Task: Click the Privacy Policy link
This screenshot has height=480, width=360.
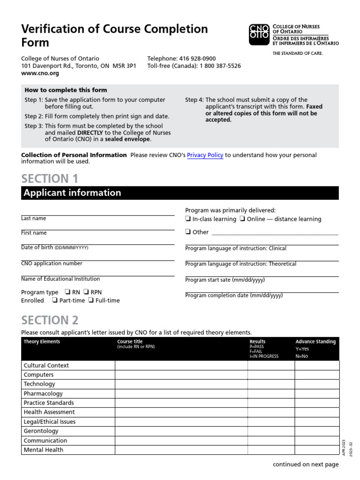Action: click(205, 155)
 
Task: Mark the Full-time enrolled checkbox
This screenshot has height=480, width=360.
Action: click(91, 300)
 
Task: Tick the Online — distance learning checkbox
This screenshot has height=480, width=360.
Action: click(242, 219)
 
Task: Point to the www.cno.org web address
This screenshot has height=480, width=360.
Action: click(36, 74)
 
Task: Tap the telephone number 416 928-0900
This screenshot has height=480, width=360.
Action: click(197, 59)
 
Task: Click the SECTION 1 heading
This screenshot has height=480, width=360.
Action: click(50, 179)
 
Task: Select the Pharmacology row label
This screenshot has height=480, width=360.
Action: click(43, 394)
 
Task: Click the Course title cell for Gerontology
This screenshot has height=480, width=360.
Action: click(181, 431)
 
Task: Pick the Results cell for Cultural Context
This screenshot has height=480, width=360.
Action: click(270, 366)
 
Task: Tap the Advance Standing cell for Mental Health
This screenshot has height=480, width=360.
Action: click(316, 450)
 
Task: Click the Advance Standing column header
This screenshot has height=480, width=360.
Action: click(315, 342)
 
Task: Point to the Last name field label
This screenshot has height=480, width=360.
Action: click(34, 218)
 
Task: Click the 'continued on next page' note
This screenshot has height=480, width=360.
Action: click(306, 465)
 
